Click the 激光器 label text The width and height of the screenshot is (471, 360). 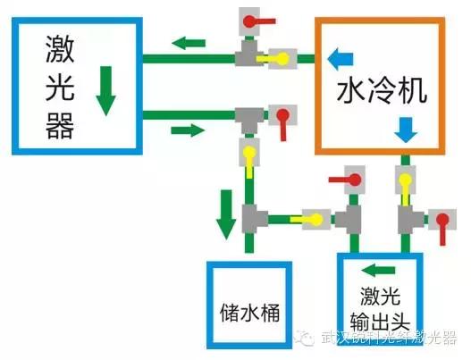click(x=60, y=87)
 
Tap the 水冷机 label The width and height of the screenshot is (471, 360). click(x=382, y=90)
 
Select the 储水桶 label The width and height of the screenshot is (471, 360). click(x=249, y=313)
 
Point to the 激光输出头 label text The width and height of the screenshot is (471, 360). click(x=380, y=309)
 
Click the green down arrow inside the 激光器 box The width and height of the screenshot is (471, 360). click(x=105, y=91)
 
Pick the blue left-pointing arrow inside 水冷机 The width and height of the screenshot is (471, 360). click(x=341, y=59)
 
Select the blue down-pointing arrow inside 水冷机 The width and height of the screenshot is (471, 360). click(x=406, y=130)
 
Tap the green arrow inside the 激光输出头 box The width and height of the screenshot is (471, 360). click(x=378, y=271)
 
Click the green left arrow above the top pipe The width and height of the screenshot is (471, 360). click(x=189, y=43)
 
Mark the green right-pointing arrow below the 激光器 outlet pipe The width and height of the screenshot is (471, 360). click(x=188, y=130)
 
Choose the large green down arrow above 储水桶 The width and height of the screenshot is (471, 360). click(x=226, y=214)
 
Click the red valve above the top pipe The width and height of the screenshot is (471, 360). click(x=257, y=21)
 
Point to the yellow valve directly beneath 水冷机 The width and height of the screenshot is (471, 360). click(x=405, y=185)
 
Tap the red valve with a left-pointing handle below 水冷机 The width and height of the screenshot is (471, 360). click(x=348, y=180)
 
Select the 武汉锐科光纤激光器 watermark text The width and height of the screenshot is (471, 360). click(x=389, y=338)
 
